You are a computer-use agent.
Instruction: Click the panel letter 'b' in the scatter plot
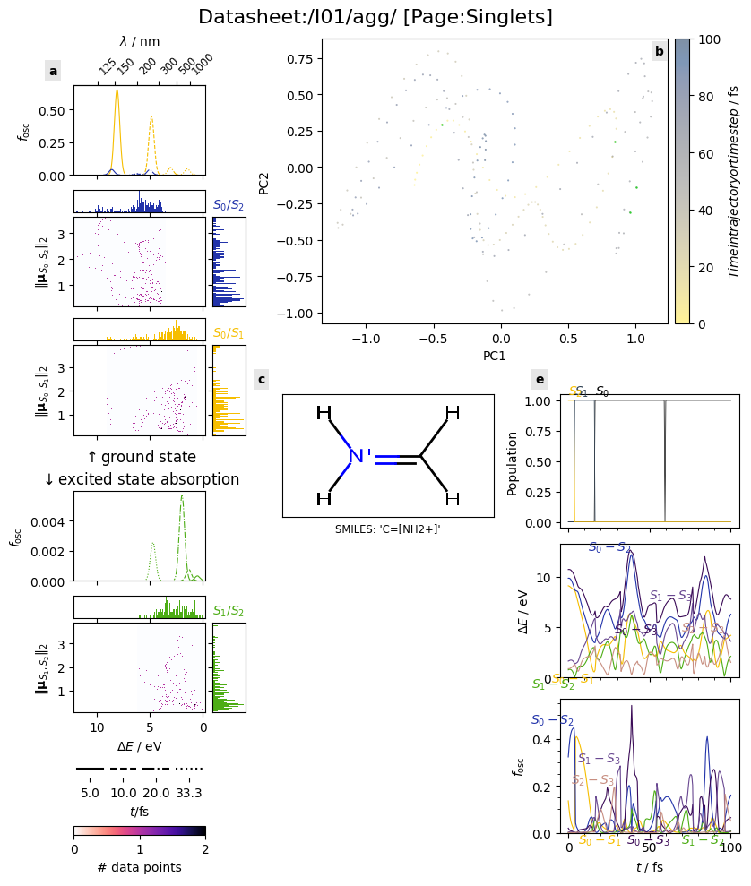click(659, 51)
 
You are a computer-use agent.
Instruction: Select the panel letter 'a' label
click(53, 71)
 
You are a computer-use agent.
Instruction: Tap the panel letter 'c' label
click(261, 380)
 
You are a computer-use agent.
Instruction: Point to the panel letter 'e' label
click(540, 380)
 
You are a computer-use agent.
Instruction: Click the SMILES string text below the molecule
click(387, 529)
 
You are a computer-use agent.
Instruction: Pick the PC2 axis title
click(263, 181)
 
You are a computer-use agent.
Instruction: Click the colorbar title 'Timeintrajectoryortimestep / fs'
click(733, 181)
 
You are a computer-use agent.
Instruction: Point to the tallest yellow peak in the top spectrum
click(117, 90)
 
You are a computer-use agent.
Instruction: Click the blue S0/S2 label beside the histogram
click(228, 205)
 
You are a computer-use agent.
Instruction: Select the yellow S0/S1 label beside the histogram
click(228, 333)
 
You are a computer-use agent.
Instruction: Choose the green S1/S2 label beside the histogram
click(228, 611)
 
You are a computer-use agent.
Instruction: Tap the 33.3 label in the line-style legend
click(189, 793)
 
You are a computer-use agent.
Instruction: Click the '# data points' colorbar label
click(139, 867)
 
